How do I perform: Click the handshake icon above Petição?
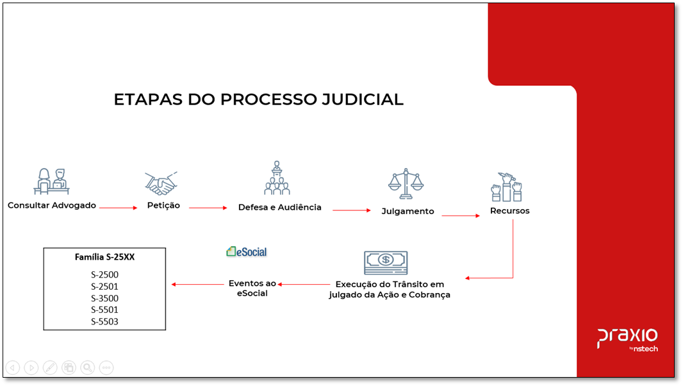point(160,183)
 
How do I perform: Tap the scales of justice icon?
point(406,184)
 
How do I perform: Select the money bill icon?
point(386,262)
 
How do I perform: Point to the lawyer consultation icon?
point(51,181)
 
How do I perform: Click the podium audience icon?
point(277,178)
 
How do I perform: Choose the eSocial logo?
point(247,251)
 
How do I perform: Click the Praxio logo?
point(627,338)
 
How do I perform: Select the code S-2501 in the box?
point(104,286)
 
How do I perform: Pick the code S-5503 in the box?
point(104,321)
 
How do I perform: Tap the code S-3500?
point(104,298)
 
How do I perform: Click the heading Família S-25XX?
point(104,257)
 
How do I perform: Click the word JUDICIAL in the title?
point(358,99)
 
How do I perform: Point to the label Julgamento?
point(407,211)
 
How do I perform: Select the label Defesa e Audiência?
point(280,207)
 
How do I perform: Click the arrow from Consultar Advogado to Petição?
point(119,208)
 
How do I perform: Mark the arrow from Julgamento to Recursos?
point(461,215)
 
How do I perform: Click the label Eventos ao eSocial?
point(252,288)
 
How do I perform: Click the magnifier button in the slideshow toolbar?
point(88,367)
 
